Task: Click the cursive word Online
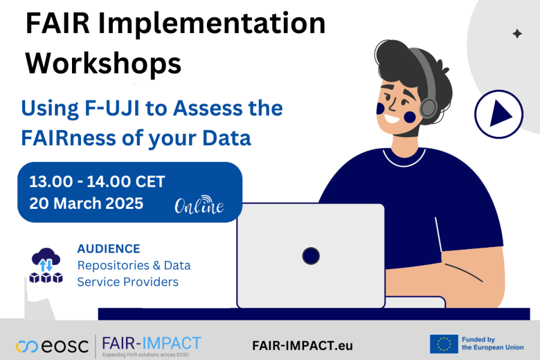(199, 206)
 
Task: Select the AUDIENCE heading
(109, 248)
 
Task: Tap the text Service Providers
(127, 281)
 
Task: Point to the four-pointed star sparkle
(517, 34)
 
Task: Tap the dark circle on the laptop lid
(311, 256)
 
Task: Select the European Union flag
(443, 344)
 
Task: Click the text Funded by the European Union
(492, 344)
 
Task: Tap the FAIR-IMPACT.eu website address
(302, 346)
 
